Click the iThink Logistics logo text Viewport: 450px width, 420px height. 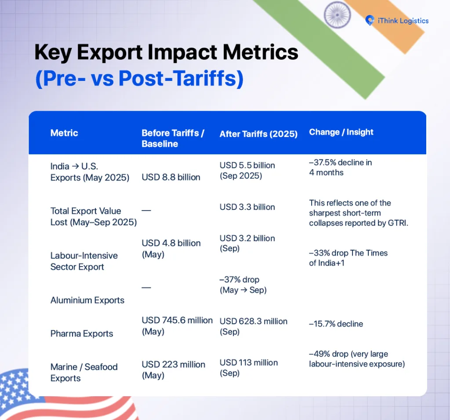[x=403, y=21]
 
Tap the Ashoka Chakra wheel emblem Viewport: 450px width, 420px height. [x=337, y=15]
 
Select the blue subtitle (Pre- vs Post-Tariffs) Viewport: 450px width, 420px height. [x=139, y=79]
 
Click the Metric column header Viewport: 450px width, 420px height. [x=64, y=133]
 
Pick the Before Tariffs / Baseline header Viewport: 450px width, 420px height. [x=173, y=138]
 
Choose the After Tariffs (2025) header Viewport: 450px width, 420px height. [x=258, y=134]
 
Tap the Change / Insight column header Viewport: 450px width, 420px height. [x=341, y=132]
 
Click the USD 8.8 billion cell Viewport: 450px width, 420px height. [x=171, y=177]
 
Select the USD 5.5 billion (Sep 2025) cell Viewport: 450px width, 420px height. [x=247, y=170]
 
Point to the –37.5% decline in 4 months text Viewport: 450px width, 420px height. [x=341, y=168]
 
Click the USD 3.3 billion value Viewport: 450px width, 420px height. [x=247, y=207]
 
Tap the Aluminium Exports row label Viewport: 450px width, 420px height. [x=87, y=300]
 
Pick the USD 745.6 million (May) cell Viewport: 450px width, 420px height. [x=177, y=326]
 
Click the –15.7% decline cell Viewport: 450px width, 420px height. [x=336, y=324]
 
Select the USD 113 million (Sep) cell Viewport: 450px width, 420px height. [x=249, y=368]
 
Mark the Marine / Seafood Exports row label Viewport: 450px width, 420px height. [x=84, y=373]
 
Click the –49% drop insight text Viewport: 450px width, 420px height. [x=357, y=359]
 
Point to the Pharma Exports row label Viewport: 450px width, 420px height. [x=81, y=333]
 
